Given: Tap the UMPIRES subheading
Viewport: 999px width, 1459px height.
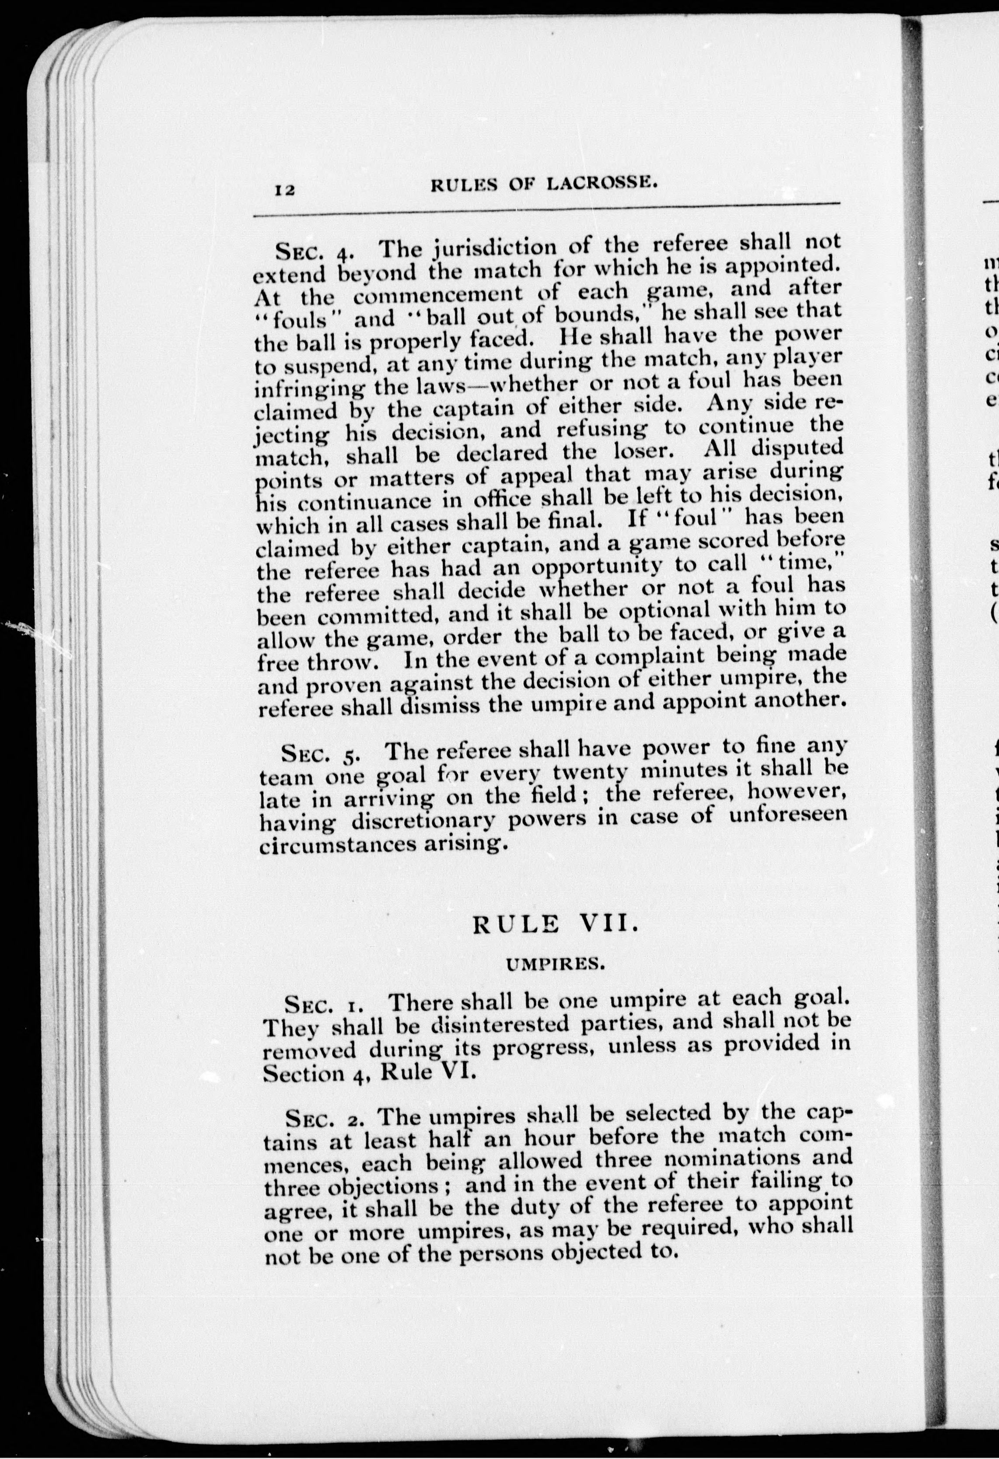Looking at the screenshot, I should [555, 982].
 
